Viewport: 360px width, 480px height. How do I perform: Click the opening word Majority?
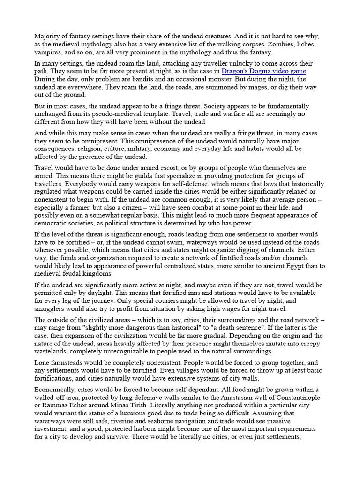point(46,36)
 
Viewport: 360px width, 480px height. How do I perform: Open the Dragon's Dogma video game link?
point(264,71)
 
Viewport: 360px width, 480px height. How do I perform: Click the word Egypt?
point(265,266)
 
